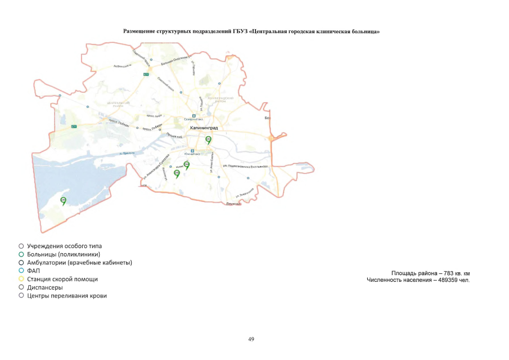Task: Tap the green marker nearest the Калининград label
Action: pos(209,139)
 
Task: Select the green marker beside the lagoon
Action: pos(64,201)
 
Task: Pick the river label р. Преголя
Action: pos(129,153)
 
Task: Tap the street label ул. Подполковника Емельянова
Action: pos(245,166)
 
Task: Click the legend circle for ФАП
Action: pos(21,271)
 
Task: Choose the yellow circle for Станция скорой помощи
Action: pos(21,279)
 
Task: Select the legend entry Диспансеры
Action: pos(44,287)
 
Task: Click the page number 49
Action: pos(251,339)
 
